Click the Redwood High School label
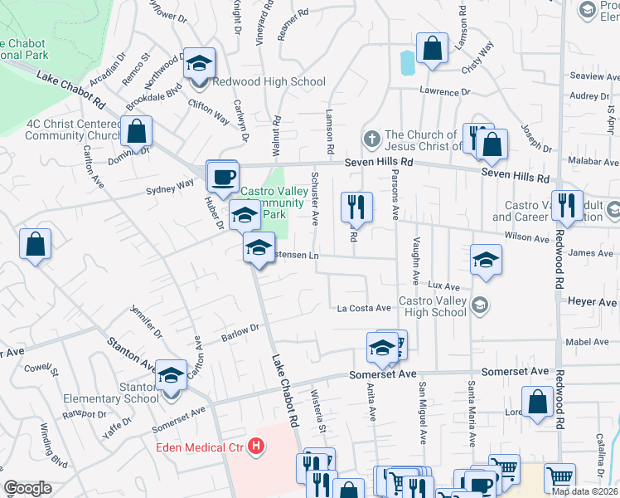pyautogui.click(x=269, y=81)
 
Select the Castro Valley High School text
pyautogui.click(x=433, y=305)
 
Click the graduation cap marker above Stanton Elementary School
pyautogui.click(x=171, y=376)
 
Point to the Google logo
pyautogui.click(x=27, y=488)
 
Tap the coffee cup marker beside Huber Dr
pyautogui.click(x=222, y=175)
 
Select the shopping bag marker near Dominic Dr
pyautogui.click(x=136, y=131)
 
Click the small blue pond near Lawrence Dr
pyautogui.click(x=406, y=62)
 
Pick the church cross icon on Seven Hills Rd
pyautogui.click(x=373, y=136)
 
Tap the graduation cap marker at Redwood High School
pyautogui.click(x=199, y=63)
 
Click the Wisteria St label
pyautogui.click(x=319, y=415)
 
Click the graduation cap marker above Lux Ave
pyautogui.click(x=486, y=259)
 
